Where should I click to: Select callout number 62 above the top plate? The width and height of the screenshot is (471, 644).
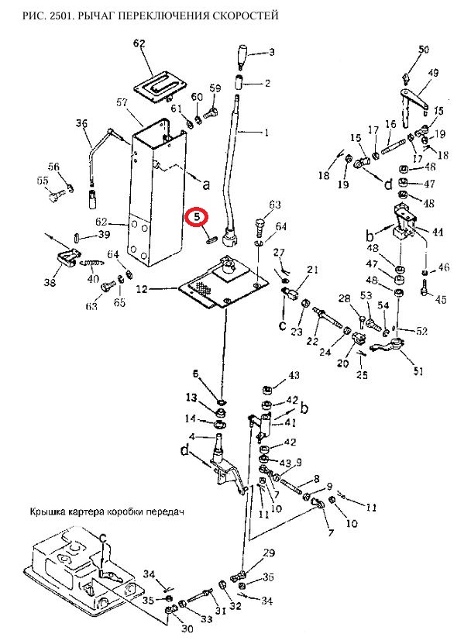[139, 43]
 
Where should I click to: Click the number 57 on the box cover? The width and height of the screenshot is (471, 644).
[122, 102]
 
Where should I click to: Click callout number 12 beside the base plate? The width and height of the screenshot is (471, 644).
[142, 289]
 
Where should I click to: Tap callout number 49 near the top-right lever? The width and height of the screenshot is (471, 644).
[433, 73]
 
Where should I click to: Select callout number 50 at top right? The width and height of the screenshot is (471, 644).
[423, 50]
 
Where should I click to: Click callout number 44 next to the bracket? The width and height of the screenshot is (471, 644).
[438, 232]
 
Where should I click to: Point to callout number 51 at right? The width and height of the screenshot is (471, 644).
[418, 371]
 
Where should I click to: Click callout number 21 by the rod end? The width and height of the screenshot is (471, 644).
[312, 269]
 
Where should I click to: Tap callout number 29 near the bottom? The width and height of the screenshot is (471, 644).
[269, 553]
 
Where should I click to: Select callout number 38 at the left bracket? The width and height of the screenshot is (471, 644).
[50, 283]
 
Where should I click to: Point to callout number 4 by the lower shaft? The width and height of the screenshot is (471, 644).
[195, 436]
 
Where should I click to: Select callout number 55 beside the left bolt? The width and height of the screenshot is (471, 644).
[42, 181]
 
